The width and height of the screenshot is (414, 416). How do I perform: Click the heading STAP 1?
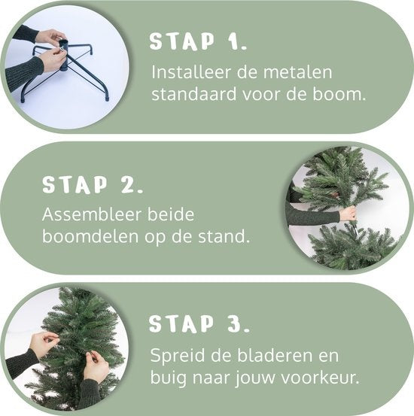pos(198,41)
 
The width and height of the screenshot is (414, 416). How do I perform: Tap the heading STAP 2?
pos(93,184)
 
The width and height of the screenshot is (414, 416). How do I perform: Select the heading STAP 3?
pos(199,323)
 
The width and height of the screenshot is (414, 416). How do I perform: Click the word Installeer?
pos(191,72)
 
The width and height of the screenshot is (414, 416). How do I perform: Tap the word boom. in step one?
pos(339,94)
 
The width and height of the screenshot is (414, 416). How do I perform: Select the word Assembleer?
pos(92,214)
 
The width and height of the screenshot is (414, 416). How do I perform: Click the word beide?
pos(171,214)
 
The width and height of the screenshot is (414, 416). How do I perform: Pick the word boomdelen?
pos(90,236)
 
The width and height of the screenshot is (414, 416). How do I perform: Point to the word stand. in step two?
pos(224,236)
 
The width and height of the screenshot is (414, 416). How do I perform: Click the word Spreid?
pos(178,356)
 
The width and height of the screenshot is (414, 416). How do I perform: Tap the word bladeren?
pos(275,355)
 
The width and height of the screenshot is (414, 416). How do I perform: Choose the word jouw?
pos(255,378)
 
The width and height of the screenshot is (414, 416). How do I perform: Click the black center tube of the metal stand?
pos(64,55)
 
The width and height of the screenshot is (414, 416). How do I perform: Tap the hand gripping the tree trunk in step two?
pos(348,214)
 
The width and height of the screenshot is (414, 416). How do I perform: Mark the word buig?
pos(169,378)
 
